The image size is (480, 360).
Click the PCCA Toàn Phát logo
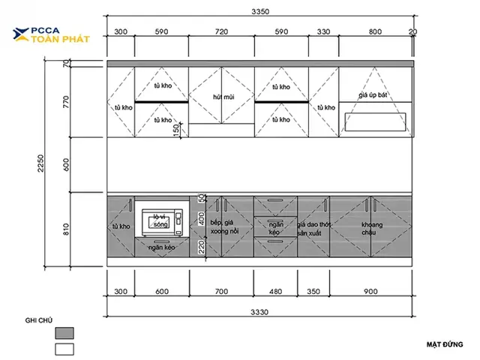coord(51,35)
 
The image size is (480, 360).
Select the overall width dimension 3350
coord(260,12)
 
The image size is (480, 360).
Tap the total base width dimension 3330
coord(259,312)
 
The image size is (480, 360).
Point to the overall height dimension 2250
coord(40,163)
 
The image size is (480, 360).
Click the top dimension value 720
coord(221,31)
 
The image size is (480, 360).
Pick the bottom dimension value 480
coord(275,292)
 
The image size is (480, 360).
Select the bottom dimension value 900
coord(370,292)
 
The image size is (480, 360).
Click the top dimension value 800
coord(375,31)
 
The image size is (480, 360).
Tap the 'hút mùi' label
coord(223,97)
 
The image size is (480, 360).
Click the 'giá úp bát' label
coord(373,95)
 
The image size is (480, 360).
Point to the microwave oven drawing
coord(162,222)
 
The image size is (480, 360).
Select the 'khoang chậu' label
coord(372,228)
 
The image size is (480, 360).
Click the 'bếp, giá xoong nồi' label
coord(224,226)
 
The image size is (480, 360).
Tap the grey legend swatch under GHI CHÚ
coord(64,333)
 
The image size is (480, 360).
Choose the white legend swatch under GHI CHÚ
coord(64,349)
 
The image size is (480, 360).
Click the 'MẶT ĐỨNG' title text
coord(445,345)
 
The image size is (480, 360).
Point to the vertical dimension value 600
coord(66,165)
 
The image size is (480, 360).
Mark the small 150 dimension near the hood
coord(176,130)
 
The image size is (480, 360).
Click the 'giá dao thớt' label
coord(314,225)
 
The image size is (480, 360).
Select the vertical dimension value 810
coord(66,229)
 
